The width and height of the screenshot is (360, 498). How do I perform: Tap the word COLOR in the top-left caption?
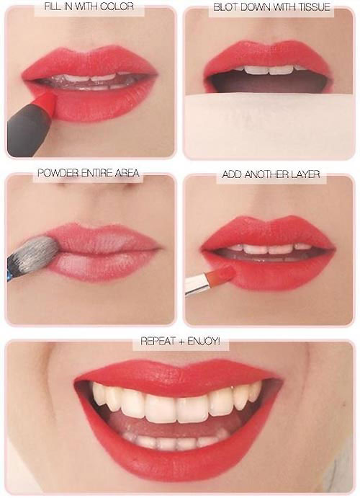tap(120, 6)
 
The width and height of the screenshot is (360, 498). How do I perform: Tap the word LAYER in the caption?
tap(305, 174)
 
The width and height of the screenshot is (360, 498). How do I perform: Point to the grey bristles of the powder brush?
tap(39, 252)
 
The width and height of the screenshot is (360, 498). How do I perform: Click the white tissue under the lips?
tap(269, 125)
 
